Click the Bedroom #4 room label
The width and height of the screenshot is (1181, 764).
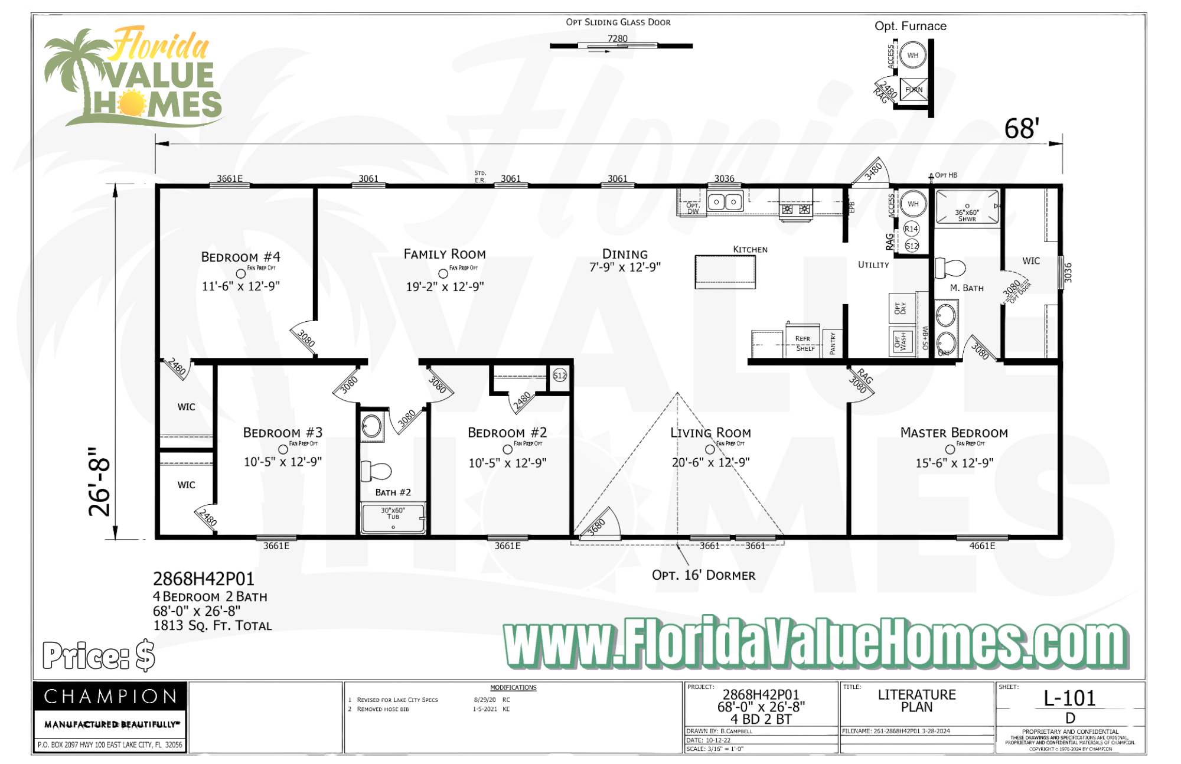click(x=240, y=257)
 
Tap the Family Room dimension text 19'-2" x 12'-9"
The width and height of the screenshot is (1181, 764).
click(x=445, y=287)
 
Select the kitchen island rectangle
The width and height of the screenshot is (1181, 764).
click(x=725, y=272)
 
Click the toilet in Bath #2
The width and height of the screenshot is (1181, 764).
click(x=377, y=471)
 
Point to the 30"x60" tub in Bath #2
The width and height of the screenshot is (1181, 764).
click(x=393, y=518)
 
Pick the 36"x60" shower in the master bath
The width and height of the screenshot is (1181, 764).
click(x=967, y=207)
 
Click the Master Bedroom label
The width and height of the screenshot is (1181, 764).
click(x=954, y=433)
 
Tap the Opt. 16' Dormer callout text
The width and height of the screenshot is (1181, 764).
click(x=703, y=575)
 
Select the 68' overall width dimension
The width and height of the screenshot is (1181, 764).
click(x=1022, y=129)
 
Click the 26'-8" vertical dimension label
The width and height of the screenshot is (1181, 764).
click(x=99, y=482)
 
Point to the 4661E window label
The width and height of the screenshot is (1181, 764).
click(x=982, y=546)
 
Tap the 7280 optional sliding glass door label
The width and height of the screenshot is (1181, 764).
click(x=618, y=39)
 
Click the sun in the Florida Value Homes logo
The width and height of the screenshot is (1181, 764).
click(x=132, y=104)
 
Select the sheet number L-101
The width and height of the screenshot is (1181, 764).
click(x=1069, y=698)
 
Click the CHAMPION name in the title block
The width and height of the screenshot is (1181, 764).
click(x=110, y=697)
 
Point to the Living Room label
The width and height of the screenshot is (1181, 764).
click(x=710, y=433)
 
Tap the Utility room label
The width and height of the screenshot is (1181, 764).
click(x=873, y=265)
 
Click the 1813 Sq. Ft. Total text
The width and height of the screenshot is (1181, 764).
click(x=213, y=626)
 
